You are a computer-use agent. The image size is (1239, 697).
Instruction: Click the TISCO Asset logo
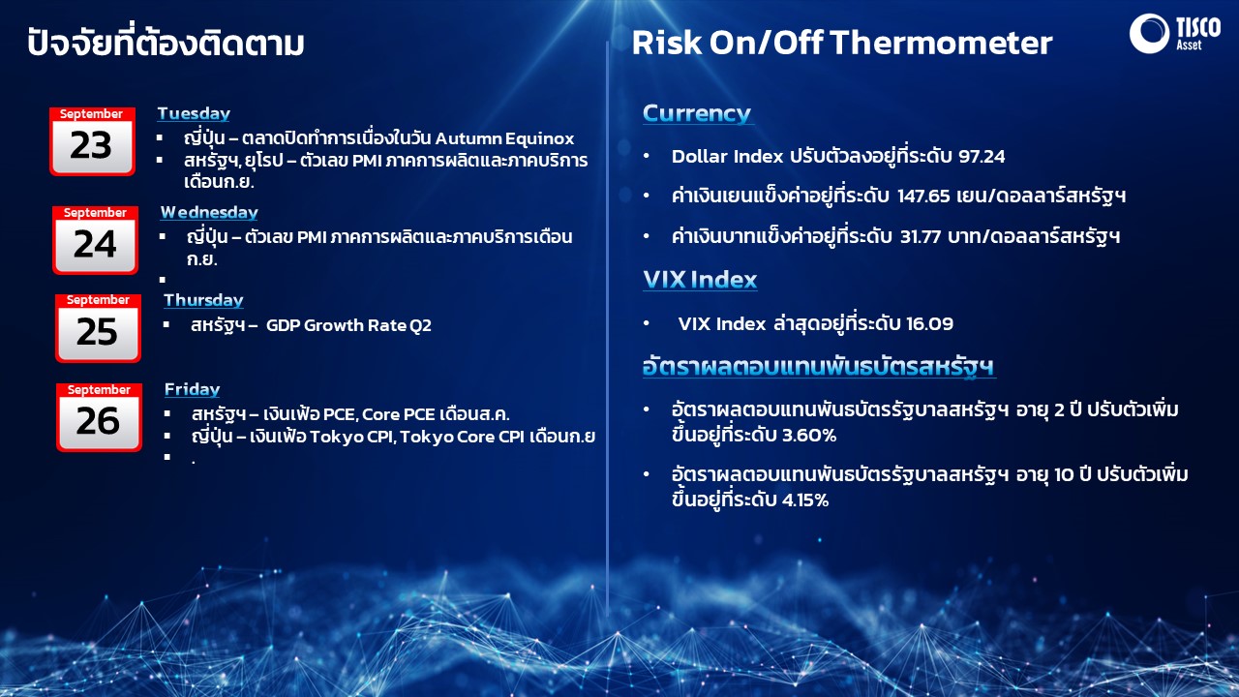(x=1175, y=34)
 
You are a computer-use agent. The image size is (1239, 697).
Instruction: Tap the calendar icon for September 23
(x=92, y=141)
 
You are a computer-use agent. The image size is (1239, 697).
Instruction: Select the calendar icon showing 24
(x=95, y=240)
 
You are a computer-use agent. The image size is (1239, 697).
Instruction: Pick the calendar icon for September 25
(x=98, y=328)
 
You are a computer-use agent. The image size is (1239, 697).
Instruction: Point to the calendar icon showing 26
(x=99, y=417)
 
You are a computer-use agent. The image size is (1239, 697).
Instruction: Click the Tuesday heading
(x=194, y=113)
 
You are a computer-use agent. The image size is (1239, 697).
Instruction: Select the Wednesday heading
(x=209, y=212)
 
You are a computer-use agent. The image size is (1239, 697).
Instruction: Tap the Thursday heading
(x=203, y=300)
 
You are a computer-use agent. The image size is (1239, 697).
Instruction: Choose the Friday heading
(x=192, y=389)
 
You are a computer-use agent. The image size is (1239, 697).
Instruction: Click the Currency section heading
(x=697, y=113)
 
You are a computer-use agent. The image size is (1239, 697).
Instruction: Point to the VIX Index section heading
(x=700, y=280)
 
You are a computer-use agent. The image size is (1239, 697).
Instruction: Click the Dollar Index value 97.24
(x=982, y=157)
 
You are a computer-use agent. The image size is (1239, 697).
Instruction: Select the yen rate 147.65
(x=923, y=196)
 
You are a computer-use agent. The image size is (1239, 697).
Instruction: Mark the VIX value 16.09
(x=930, y=323)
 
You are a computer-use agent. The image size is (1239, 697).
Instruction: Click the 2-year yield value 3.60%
(x=809, y=436)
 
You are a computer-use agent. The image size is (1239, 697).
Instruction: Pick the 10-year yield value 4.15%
(x=805, y=500)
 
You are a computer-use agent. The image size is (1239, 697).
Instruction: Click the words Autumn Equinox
(x=505, y=138)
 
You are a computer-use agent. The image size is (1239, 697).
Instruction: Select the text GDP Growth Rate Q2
(x=348, y=325)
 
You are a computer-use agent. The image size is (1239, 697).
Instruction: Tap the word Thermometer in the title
(x=942, y=44)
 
